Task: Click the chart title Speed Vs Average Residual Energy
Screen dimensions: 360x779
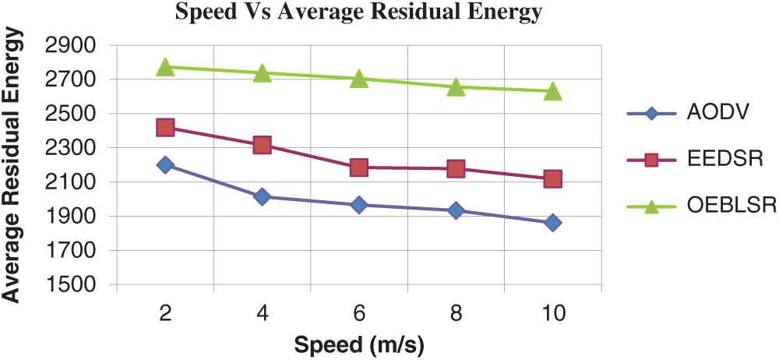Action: pos(358,12)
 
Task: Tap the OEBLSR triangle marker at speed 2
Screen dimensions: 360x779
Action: pos(165,67)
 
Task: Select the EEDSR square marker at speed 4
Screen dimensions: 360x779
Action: pos(262,145)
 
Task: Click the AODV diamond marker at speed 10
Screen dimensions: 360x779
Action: pos(553,223)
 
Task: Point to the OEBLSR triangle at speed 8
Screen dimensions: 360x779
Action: pos(456,87)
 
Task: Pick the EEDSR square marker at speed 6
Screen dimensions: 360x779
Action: pos(359,168)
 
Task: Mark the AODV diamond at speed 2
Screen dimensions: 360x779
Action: pos(165,164)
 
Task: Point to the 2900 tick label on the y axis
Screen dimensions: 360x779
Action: pos(69,46)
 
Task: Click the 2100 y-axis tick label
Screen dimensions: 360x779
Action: pos(69,182)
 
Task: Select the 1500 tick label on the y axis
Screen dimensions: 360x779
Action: pos(69,284)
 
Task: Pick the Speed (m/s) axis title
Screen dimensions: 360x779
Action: pos(359,344)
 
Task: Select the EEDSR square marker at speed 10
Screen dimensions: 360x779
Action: pos(553,179)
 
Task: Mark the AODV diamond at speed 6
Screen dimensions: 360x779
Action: pos(359,205)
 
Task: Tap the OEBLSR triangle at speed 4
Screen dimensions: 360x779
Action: pos(262,73)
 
